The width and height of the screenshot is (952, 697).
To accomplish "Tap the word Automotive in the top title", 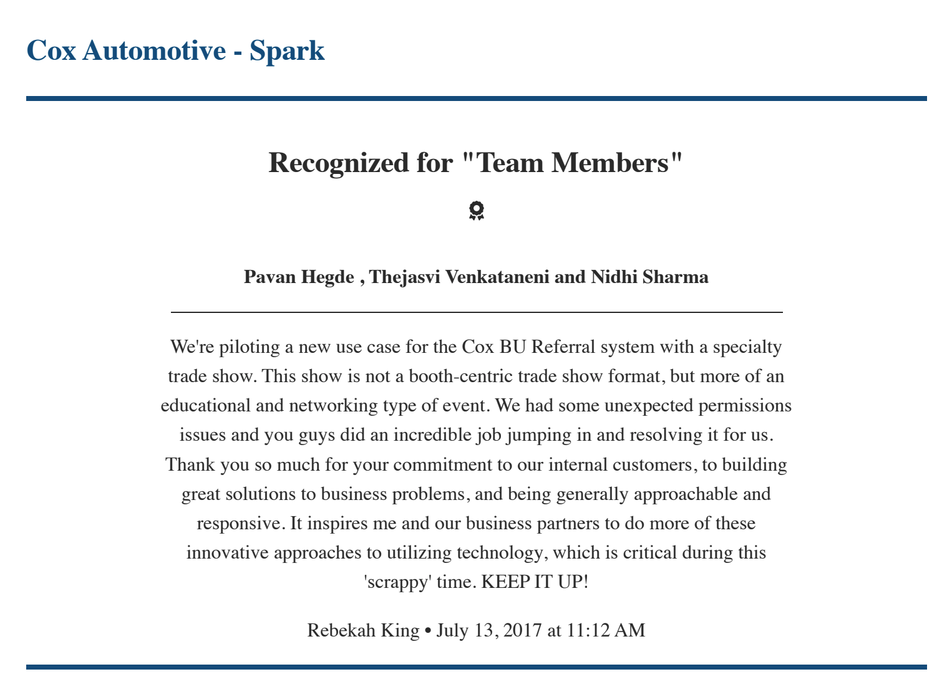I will coord(153,50).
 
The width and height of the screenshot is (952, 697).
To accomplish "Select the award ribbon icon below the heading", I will coord(476,211).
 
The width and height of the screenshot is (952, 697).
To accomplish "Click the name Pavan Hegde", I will coord(299,277).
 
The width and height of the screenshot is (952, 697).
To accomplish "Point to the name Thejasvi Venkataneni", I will coord(459,277).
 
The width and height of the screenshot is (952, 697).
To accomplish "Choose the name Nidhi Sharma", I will coord(649,277).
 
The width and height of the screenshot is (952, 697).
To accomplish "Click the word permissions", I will coord(744,405).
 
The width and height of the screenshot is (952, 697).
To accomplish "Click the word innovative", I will coord(227,553).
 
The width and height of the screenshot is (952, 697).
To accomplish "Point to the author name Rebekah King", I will coord(363,630).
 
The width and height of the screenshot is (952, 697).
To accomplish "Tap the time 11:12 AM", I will coord(605,630).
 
